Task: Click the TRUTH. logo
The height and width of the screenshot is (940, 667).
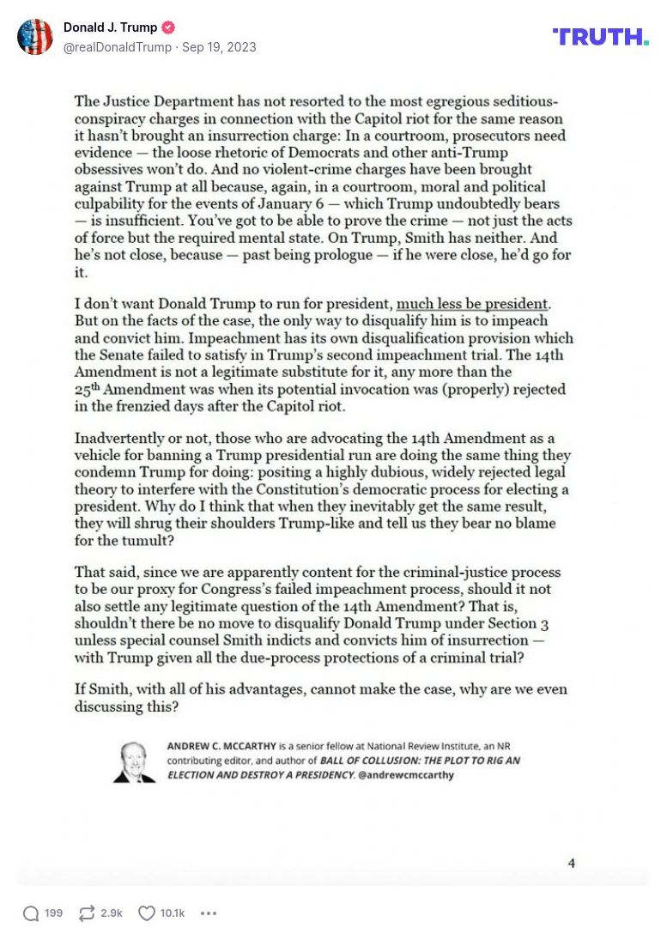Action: [600, 36]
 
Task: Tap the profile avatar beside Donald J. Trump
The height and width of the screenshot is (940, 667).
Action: [35, 37]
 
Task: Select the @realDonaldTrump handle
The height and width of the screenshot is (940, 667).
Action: [118, 46]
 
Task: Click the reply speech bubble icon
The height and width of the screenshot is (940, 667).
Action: [31, 913]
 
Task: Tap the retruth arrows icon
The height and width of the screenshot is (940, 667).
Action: [87, 913]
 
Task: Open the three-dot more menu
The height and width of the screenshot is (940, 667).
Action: [209, 913]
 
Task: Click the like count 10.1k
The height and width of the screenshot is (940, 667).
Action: [173, 913]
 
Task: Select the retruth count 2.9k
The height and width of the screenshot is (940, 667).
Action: [112, 913]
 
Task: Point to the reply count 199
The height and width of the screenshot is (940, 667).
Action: [53, 913]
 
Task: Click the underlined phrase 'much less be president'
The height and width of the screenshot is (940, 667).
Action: [471, 304]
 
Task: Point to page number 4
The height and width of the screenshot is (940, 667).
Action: [571, 863]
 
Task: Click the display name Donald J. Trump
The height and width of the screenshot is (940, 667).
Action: [110, 27]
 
